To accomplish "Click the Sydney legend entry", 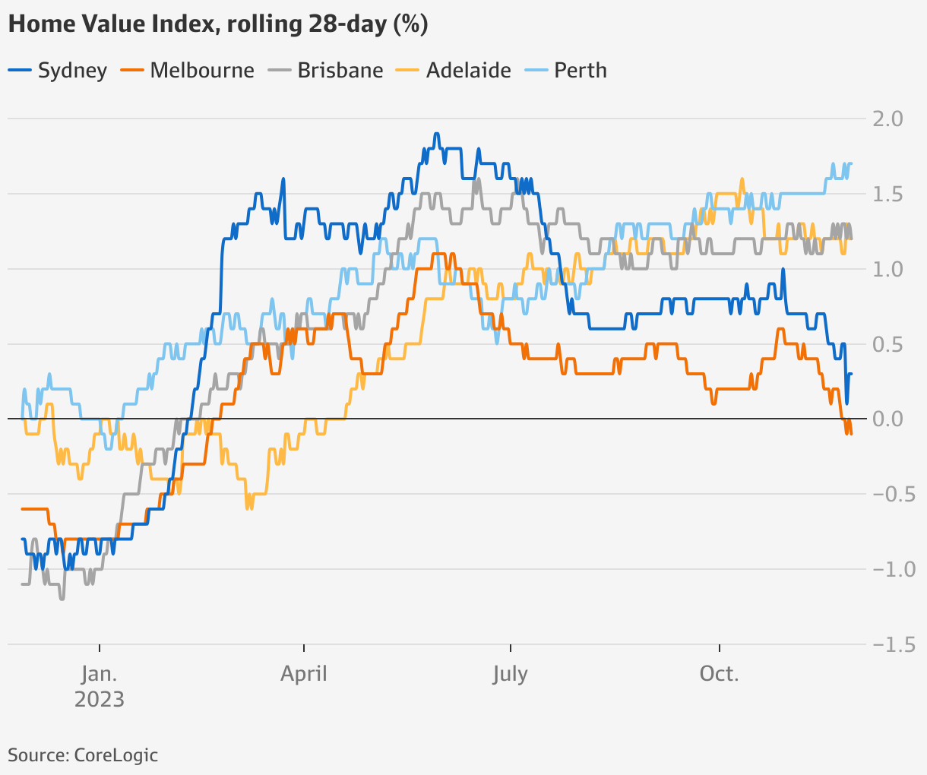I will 58,71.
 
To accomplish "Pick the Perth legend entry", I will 568,71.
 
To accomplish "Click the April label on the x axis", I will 304,674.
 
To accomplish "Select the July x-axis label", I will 510,674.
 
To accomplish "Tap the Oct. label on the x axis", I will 719,674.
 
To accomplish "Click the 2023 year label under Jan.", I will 99,699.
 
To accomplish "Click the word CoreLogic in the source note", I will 116,755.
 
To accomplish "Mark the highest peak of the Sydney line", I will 436,134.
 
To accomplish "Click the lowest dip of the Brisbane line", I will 62,599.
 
